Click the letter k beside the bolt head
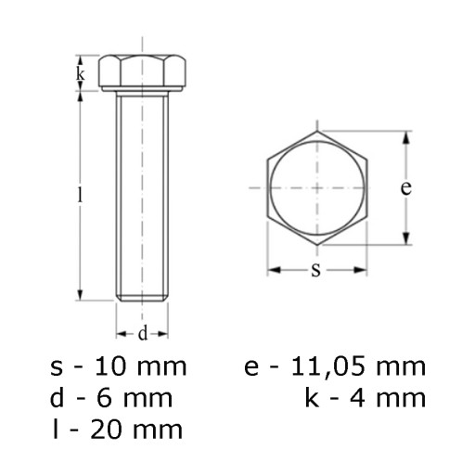pos(81,74)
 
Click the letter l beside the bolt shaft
pos(81,195)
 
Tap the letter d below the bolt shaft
pos(143,334)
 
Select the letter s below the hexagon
pos(315,270)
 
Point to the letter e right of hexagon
pos(406,187)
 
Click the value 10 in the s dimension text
pos(110,366)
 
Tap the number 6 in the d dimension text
pos(104,398)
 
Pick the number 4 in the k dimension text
pos(357,398)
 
